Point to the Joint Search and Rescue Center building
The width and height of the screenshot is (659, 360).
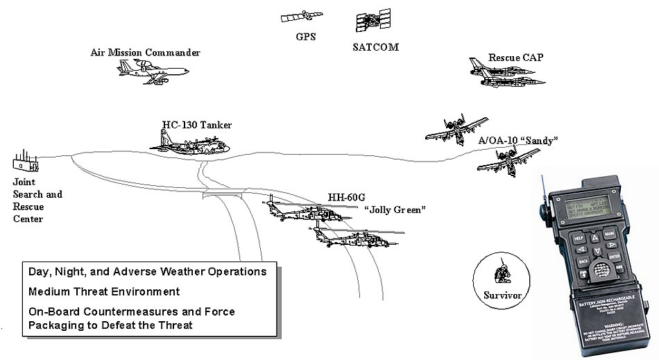(25, 162)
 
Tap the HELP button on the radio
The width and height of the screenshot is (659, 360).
(579, 238)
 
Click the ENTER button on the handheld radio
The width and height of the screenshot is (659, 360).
(615, 256)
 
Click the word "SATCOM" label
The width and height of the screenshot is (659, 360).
(376, 47)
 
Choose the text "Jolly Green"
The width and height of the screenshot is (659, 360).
(395, 209)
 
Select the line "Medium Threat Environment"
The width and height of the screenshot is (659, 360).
(104, 291)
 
